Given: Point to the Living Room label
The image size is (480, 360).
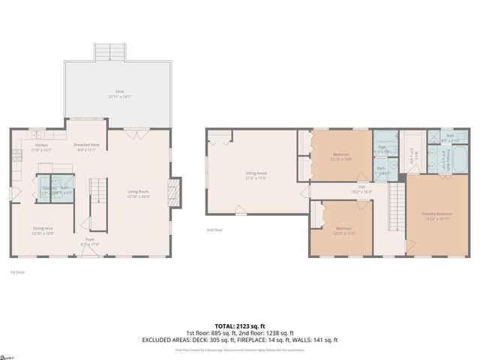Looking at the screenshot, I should [x=139, y=193].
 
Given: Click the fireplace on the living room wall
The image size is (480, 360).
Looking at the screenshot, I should [x=175, y=192].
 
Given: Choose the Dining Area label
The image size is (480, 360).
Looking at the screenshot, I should [x=42, y=229].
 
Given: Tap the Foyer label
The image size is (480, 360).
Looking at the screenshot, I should [x=89, y=241].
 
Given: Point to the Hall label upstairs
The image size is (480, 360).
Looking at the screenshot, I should [x=361, y=188].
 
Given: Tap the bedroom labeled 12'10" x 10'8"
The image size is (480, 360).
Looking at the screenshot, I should [x=341, y=156].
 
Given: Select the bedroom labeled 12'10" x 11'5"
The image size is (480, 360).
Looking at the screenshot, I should [x=344, y=229].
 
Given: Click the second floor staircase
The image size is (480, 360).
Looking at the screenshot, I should [x=396, y=206].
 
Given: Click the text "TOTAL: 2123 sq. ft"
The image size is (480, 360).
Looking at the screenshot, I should [x=239, y=325].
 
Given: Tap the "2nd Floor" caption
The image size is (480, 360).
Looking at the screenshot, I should [x=214, y=230].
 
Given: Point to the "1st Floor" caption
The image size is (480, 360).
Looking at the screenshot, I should [x=18, y=272].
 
